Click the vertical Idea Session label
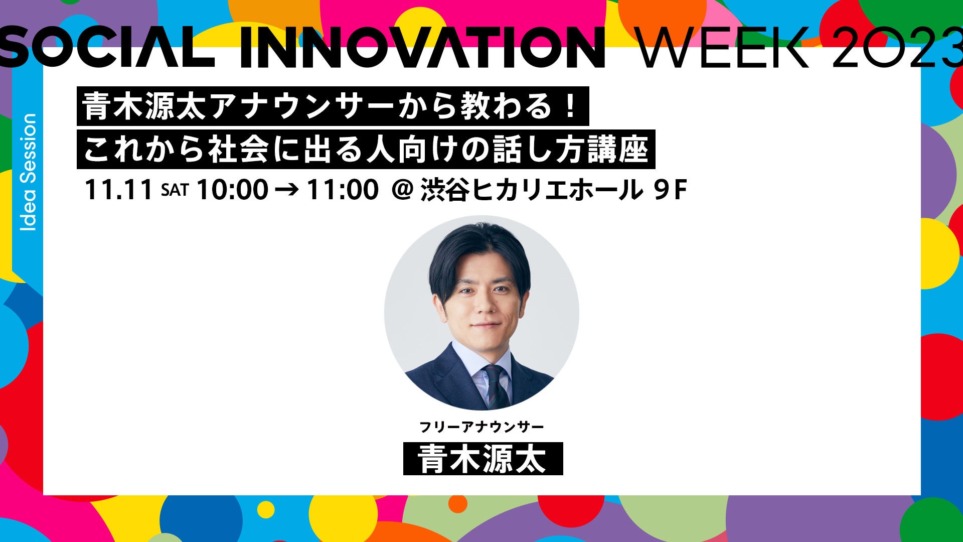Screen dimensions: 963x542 coord(29,172)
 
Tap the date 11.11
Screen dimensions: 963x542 coord(119,190)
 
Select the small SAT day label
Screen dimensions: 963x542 coord(175,190)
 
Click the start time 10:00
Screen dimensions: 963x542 coord(232,190)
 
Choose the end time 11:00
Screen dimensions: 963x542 coord(343,190)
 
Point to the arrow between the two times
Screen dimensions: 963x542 coord(287,190)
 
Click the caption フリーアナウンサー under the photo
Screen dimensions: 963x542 coord(481,427)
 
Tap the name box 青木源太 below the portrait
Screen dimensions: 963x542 coord(483,459)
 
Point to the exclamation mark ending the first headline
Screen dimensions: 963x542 coord(569,106)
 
